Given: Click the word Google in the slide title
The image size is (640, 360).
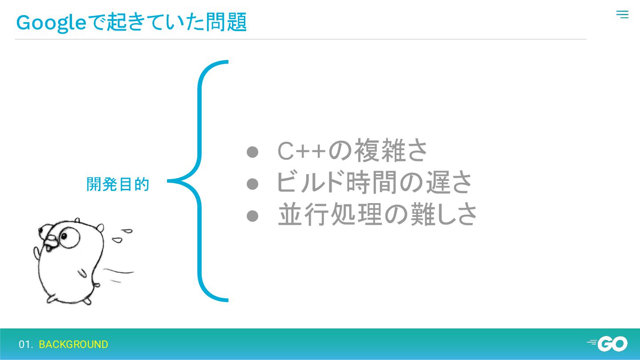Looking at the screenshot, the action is tap(51, 23).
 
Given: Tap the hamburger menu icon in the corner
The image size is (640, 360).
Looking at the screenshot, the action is tap(622, 15).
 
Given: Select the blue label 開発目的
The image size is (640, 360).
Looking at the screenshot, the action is tap(118, 184).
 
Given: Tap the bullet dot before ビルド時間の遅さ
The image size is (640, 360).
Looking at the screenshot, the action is tap(252, 184).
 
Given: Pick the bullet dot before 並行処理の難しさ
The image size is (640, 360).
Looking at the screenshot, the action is tap(252, 215).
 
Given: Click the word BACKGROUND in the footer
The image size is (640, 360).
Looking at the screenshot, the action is tap(73, 344).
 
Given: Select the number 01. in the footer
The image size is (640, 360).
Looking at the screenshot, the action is tap(26, 344).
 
